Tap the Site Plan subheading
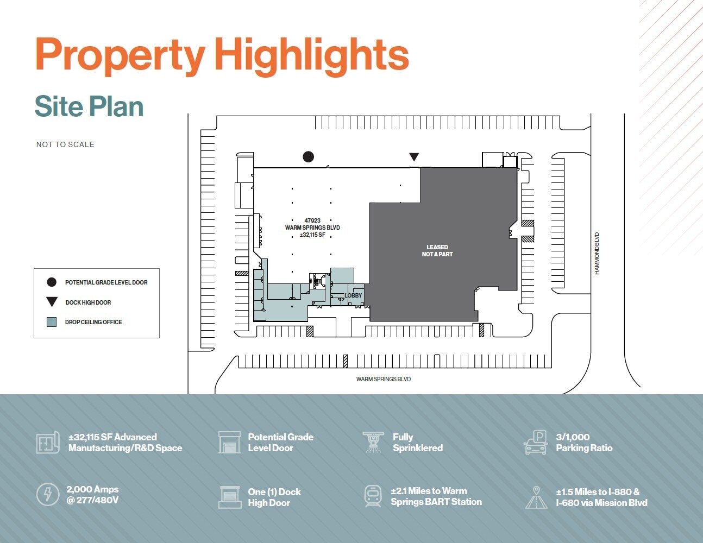coord(89,106)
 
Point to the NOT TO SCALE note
coord(65,144)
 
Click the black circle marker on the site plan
coord(309,157)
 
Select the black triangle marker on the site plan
coord(414,157)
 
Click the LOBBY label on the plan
coord(353,295)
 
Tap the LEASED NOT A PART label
coord(437,250)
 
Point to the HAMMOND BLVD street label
coord(597,254)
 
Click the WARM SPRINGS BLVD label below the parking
coord(384,379)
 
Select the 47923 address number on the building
coord(312,220)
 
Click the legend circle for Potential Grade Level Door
coord(52,282)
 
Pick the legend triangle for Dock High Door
coord(52,302)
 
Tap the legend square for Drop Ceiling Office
coord(52,322)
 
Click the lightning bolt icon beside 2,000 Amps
coord(48,495)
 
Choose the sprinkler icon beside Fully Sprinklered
coord(373,442)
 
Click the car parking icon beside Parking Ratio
coord(536,443)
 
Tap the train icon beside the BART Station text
coord(373,496)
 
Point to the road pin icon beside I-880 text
coord(536,497)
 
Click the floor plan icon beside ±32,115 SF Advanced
coord(48,443)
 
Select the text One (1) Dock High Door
coord(274,497)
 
